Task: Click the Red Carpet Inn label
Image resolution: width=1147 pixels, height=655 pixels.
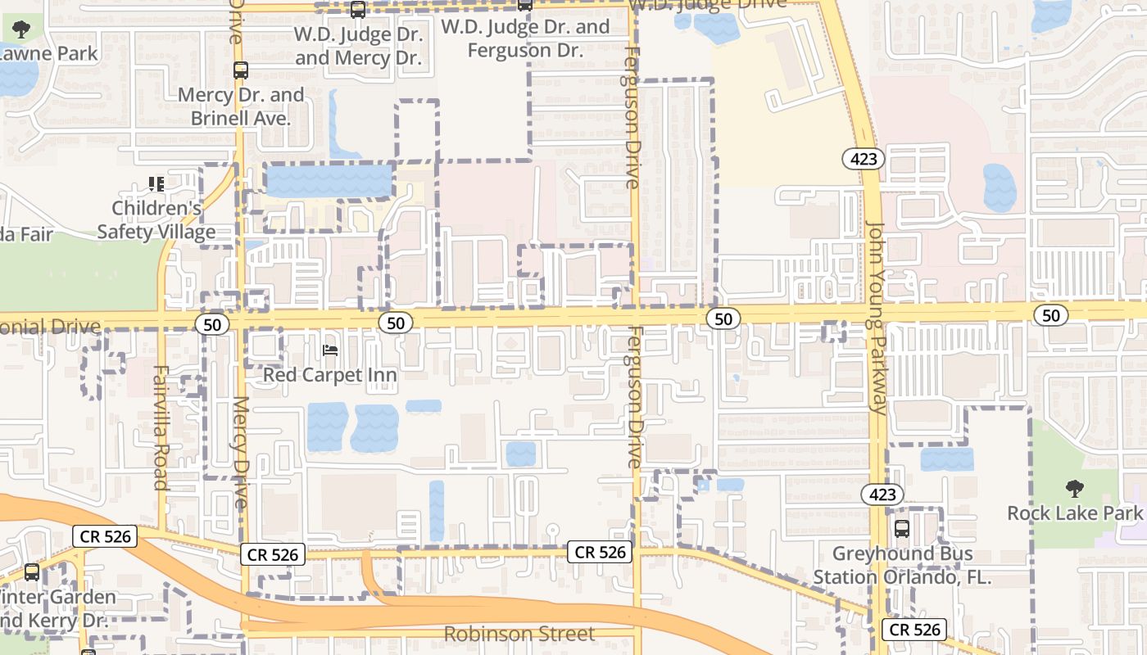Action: coord(329,375)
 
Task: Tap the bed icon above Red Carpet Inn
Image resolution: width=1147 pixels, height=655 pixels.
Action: coord(330,350)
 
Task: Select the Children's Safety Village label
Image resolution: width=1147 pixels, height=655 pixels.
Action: coord(156,220)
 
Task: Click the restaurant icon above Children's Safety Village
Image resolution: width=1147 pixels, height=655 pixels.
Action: coord(156,184)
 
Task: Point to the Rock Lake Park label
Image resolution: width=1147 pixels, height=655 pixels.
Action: coord(1074,513)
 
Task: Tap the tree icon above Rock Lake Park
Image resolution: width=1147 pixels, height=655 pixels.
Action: coord(1074,489)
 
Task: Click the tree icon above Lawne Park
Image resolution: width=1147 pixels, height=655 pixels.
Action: coord(22,30)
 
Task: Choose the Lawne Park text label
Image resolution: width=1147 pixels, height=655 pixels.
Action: coord(49,54)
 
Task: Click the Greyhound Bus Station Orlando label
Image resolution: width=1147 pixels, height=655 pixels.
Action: coord(902,565)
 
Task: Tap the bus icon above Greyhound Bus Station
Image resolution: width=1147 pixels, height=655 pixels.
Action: coord(902,529)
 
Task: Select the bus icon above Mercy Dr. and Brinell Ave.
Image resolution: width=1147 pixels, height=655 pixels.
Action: coord(240,70)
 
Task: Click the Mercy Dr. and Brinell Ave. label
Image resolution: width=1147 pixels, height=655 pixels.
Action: coord(241,106)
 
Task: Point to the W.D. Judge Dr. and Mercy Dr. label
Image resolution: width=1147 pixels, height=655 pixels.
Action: coord(358,46)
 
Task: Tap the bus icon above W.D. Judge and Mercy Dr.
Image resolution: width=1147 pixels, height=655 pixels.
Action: coord(358,10)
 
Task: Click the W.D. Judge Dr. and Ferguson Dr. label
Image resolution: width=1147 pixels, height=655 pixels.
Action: coord(525,38)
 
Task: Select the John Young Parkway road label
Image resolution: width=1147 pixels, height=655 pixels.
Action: coord(876,318)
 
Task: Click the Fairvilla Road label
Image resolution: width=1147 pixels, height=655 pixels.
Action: coord(161,427)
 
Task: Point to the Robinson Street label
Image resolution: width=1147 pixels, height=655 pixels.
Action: coord(519,635)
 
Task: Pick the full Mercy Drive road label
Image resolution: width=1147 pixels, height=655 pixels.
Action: coord(240,453)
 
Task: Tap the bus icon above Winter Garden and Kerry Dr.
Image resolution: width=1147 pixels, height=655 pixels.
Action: coord(32,573)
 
